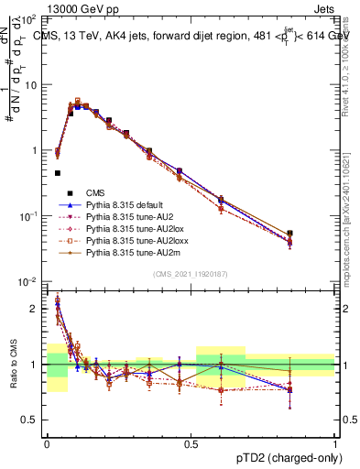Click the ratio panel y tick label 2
(35, 309)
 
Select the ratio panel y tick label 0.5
(30, 420)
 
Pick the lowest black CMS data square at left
(57, 172)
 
